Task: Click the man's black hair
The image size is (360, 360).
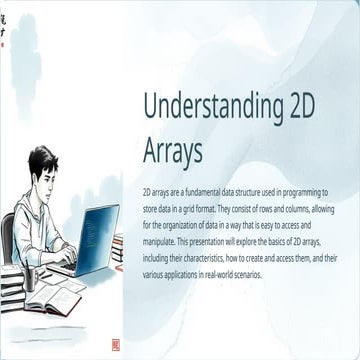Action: [42, 158]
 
